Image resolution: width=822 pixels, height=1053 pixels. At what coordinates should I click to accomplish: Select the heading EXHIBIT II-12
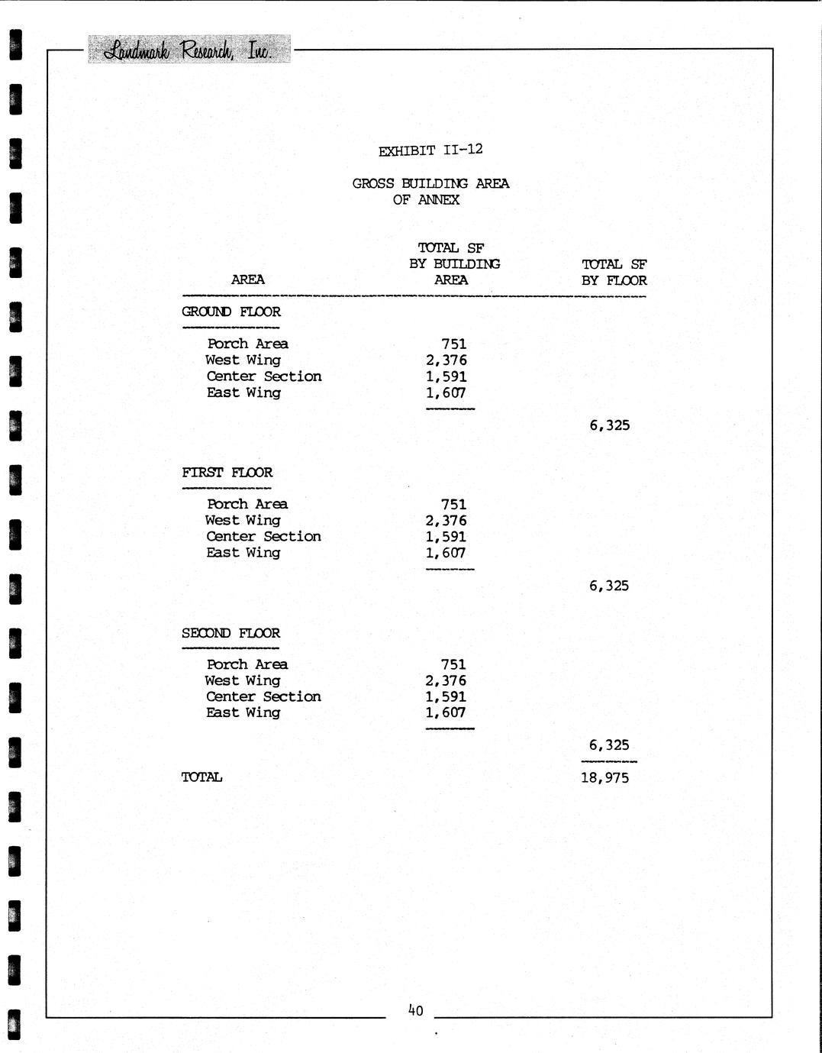430,150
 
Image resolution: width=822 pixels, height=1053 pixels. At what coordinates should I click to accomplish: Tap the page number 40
415,1010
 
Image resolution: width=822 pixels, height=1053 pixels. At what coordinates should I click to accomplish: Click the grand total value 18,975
604,778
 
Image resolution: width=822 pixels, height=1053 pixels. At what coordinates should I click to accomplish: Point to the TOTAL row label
201,777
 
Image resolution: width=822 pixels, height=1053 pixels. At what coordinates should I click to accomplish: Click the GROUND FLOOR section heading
230,312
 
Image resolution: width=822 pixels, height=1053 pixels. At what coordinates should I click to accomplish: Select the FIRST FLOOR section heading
227,472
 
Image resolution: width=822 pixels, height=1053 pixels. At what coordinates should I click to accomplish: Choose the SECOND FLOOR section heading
230,633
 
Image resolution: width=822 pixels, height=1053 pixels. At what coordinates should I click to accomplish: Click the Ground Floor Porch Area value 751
453,344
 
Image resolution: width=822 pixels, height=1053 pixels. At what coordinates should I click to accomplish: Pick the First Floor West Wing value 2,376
446,521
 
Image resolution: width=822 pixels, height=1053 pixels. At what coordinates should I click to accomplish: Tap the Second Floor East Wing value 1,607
446,712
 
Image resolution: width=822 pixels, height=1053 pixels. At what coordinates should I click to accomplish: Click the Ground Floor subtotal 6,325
609,425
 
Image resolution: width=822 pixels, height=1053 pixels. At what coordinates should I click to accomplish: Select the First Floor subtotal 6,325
609,586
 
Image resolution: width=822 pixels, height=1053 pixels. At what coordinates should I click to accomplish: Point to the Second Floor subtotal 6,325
609,745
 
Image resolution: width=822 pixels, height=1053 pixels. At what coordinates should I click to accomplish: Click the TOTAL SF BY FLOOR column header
614,273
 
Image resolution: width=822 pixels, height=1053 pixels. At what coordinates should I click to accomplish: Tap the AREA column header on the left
247,279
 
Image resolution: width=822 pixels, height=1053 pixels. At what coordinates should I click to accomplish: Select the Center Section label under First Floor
263,536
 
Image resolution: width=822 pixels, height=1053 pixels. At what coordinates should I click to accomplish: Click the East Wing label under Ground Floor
243,392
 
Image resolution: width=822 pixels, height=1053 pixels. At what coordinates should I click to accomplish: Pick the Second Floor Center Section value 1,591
446,696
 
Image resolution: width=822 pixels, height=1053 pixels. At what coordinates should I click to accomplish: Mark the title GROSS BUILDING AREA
430,183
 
